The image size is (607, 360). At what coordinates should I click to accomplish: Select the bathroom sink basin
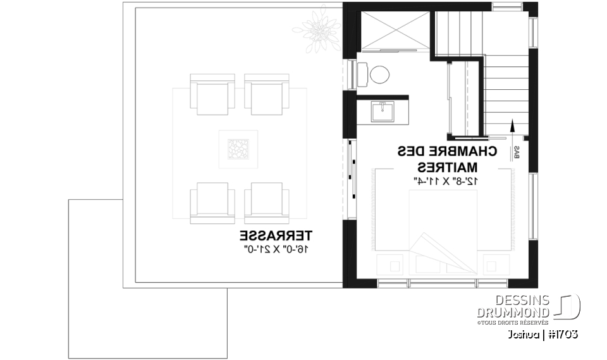[x=383, y=112]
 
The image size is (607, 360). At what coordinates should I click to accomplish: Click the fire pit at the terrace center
[x=239, y=149]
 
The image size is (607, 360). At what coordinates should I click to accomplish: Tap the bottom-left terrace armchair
[x=212, y=202]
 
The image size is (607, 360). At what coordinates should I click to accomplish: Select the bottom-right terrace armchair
[x=266, y=202]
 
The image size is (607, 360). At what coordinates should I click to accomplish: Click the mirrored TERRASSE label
[x=276, y=237]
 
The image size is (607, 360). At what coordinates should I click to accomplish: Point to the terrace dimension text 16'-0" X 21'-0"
[x=276, y=249]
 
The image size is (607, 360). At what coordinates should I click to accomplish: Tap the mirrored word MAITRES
[x=447, y=168]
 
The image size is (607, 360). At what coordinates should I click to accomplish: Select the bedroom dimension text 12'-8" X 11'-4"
[x=447, y=181]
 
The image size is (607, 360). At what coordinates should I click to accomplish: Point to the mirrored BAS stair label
[x=517, y=152]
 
